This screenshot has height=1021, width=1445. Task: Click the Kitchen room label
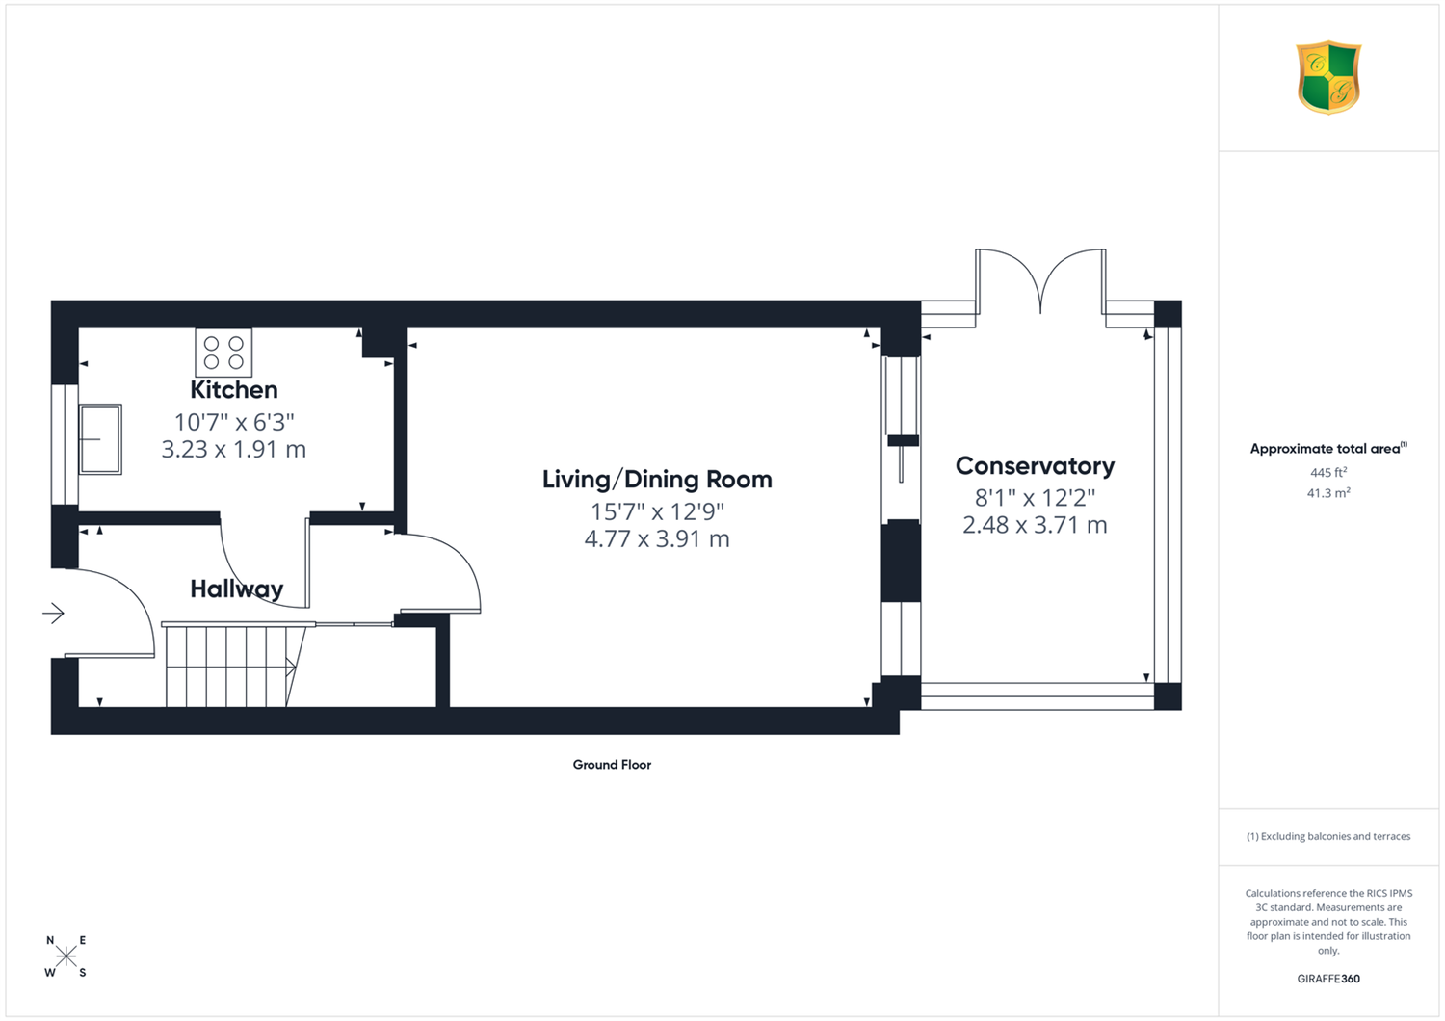[233, 389]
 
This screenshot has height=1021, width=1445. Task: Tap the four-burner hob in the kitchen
[223, 353]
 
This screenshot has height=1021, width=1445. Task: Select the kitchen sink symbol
[100, 439]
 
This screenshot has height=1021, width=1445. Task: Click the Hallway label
[236, 589]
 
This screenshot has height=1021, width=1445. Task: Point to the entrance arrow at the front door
[54, 613]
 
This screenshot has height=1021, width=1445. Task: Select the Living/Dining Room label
[657, 480]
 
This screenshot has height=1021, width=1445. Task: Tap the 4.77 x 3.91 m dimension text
[657, 538]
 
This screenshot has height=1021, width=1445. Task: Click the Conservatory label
[1035, 465]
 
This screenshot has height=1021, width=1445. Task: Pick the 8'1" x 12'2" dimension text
[1035, 497]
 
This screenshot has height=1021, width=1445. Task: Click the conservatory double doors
[1040, 281]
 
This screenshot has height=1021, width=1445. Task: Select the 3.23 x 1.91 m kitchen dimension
[233, 449]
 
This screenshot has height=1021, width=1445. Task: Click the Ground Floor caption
[612, 764]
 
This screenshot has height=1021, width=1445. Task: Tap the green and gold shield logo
[1328, 78]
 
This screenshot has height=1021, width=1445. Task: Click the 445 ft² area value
[1328, 472]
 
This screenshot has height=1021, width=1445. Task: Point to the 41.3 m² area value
[1328, 493]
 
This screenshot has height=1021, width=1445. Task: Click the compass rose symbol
[66, 956]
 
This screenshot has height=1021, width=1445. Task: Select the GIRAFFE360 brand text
[1328, 979]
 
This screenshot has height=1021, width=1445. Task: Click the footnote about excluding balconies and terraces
[1328, 836]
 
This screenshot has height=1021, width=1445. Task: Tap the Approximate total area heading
[1328, 448]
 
